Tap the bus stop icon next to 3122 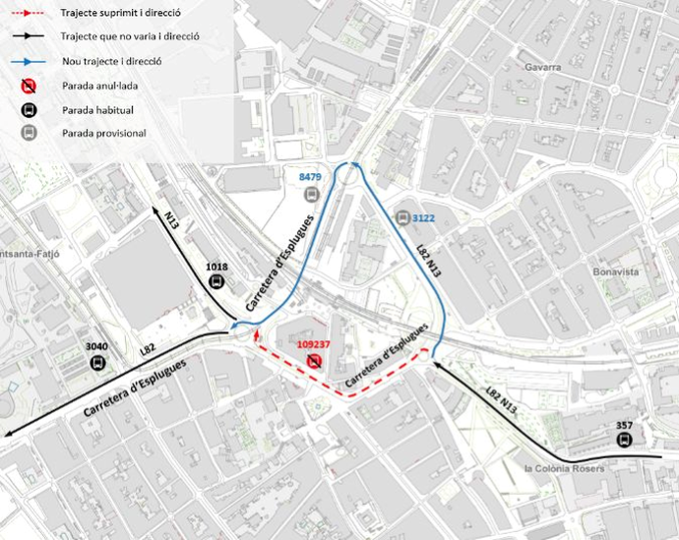point(402,217)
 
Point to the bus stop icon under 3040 point(97,362)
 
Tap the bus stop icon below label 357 point(623,440)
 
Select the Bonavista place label point(616,270)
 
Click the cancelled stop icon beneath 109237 point(314,362)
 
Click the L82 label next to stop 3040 point(148,348)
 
